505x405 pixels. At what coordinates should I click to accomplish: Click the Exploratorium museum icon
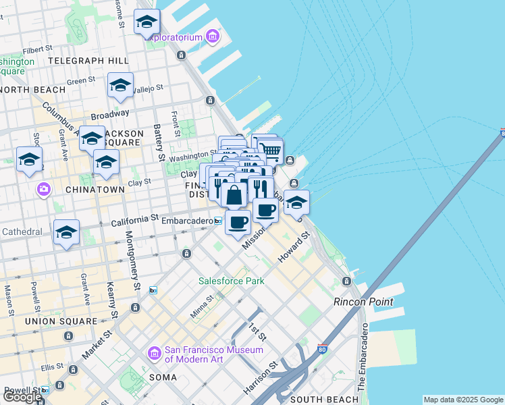coord(213,36)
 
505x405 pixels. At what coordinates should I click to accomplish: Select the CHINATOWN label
coord(95,190)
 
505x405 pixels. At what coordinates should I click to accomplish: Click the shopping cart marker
coord(270,151)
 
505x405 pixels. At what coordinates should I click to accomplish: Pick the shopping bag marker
coord(234,196)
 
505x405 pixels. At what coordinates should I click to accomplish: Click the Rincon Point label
coord(363,302)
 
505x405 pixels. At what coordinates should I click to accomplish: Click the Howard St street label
coord(294,248)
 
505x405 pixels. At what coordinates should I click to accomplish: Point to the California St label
coord(135,220)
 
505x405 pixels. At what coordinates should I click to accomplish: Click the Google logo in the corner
coord(22,397)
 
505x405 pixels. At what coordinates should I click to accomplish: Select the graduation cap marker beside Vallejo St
coord(120,85)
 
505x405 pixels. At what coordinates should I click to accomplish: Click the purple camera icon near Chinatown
coord(44,188)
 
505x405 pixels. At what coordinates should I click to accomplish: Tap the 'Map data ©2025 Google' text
coord(463,400)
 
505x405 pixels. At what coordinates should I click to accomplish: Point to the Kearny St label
coord(111,296)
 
